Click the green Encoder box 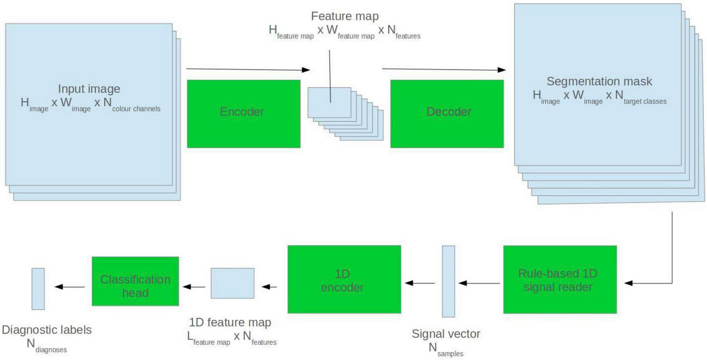click(243, 114)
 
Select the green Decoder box click(447, 114)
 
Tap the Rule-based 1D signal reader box click(560, 279)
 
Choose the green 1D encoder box click(344, 279)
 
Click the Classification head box click(135, 281)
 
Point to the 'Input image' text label click(89, 89)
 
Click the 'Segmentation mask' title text click(599, 81)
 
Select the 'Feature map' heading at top click(345, 16)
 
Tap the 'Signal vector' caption click(446, 334)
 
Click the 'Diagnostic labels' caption click(47, 330)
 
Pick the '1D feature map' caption click(230, 322)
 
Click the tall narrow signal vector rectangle click(448, 281)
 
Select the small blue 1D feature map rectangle click(232, 283)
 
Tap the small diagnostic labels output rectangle click(38, 289)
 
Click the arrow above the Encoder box click(247, 69)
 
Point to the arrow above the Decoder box click(443, 69)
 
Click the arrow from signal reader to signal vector click(479, 283)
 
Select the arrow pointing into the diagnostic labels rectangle click(69, 287)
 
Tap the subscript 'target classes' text click(645, 102)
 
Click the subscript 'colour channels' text click(136, 109)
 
